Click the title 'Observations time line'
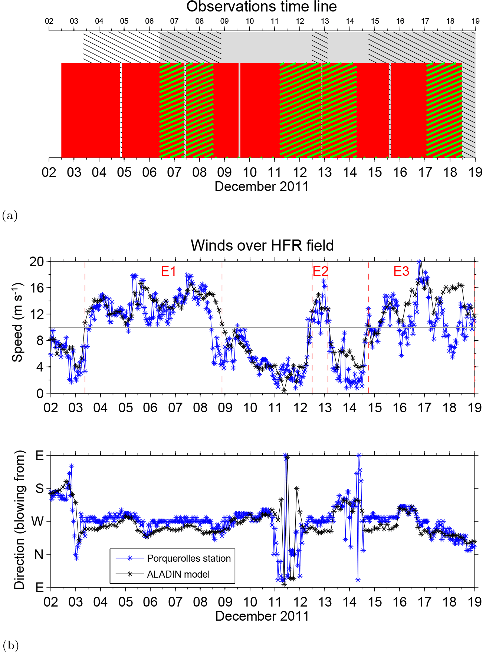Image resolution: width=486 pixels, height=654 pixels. [x=262, y=7]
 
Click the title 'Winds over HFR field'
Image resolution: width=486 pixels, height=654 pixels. [x=262, y=245]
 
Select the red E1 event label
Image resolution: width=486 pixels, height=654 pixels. [x=168, y=271]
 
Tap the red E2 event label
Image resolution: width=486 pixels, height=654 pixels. [x=320, y=271]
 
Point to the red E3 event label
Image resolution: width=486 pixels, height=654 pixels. [x=401, y=271]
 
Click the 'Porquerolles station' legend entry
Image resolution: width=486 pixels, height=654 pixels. [x=188, y=558]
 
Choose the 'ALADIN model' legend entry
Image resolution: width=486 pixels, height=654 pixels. [x=178, y=574]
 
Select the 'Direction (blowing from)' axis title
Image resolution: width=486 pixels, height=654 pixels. [x=19, y=520]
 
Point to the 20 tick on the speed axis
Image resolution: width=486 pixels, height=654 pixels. [x=37, y=262]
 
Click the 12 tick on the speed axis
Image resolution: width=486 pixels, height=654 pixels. [x=37, y=314]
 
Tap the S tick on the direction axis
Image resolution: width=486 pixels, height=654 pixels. [x=39, y=488]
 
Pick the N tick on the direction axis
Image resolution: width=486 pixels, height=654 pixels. [x=39, y=555]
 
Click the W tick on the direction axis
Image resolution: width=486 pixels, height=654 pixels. [x=38, y=522]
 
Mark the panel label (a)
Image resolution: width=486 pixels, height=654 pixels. [x=10, y=215]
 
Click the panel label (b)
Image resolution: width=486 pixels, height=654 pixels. [x=10, y=645]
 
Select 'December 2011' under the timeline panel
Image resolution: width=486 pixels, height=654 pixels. [x=262, y=186]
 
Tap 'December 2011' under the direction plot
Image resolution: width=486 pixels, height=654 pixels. [x=262, y=616]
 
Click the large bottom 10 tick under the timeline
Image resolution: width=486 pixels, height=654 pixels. [x=250, y=172]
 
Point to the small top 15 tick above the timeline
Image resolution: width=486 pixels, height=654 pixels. [x=375, y=21]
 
